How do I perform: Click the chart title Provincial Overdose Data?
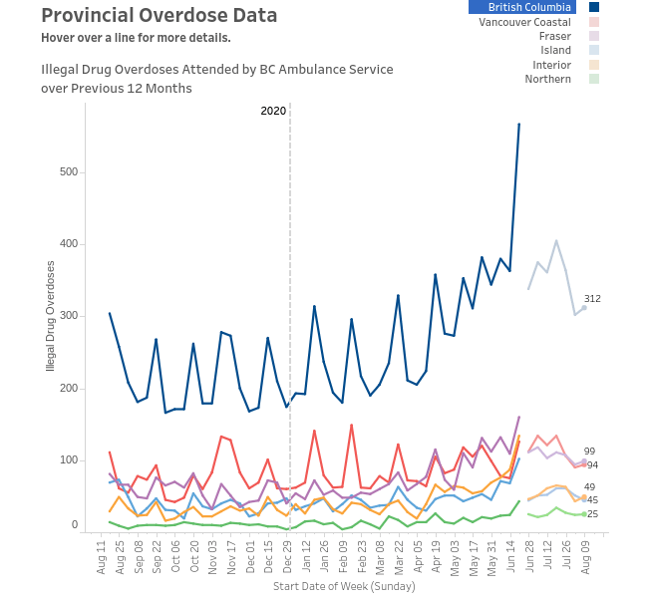click(x=160, y=16)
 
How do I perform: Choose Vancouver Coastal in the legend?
click(x=524, y=21)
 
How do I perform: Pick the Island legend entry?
click(x=556, y=50)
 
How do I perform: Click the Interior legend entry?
click(x=551, y=65)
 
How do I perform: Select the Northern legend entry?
click(x=548, y=79)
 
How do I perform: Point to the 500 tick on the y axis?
click(x=67, y=171)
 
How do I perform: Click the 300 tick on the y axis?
click(x=67, y=316)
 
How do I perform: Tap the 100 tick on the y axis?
click(x=67, y=459)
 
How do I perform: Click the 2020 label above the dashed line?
click(x=273, y=111)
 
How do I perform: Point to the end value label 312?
click(x=592, y=299)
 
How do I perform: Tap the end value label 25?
click(x=592, y=514)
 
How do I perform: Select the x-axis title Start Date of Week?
click(x=344, y=586)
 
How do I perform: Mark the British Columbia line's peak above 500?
click(x=519, y=124)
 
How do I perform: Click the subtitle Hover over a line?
click(x=136, y=38)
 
